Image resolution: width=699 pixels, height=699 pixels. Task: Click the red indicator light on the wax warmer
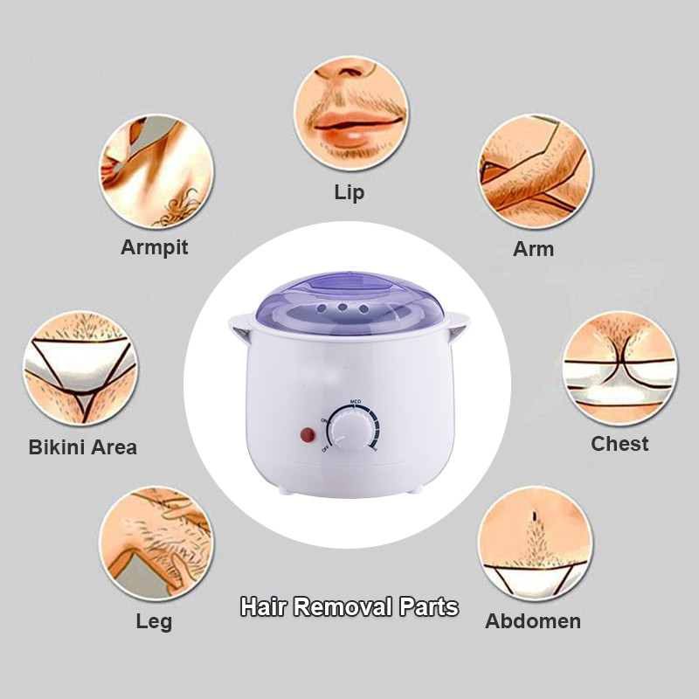point(308,434)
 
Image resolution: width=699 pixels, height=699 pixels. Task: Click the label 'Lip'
point(349,193)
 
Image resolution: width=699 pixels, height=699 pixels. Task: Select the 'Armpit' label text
point(155,247)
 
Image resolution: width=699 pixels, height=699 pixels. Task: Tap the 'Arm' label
point(533,249)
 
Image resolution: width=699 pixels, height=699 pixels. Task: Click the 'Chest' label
point(619,444)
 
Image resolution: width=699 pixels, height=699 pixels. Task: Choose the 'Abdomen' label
point(533,621)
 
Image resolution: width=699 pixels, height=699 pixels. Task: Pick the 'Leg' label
point(154,621)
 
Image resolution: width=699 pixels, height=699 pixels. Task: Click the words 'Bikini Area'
point(82,447)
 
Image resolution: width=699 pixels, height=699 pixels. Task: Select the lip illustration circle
point(351,113)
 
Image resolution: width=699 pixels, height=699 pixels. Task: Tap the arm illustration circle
point(535,171)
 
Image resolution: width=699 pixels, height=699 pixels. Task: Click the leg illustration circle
point(156,543)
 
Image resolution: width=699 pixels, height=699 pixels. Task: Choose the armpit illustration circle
point(156,171)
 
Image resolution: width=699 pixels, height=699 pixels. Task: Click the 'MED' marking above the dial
point(356,402)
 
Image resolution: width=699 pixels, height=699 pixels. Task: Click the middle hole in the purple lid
point(343,308)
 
